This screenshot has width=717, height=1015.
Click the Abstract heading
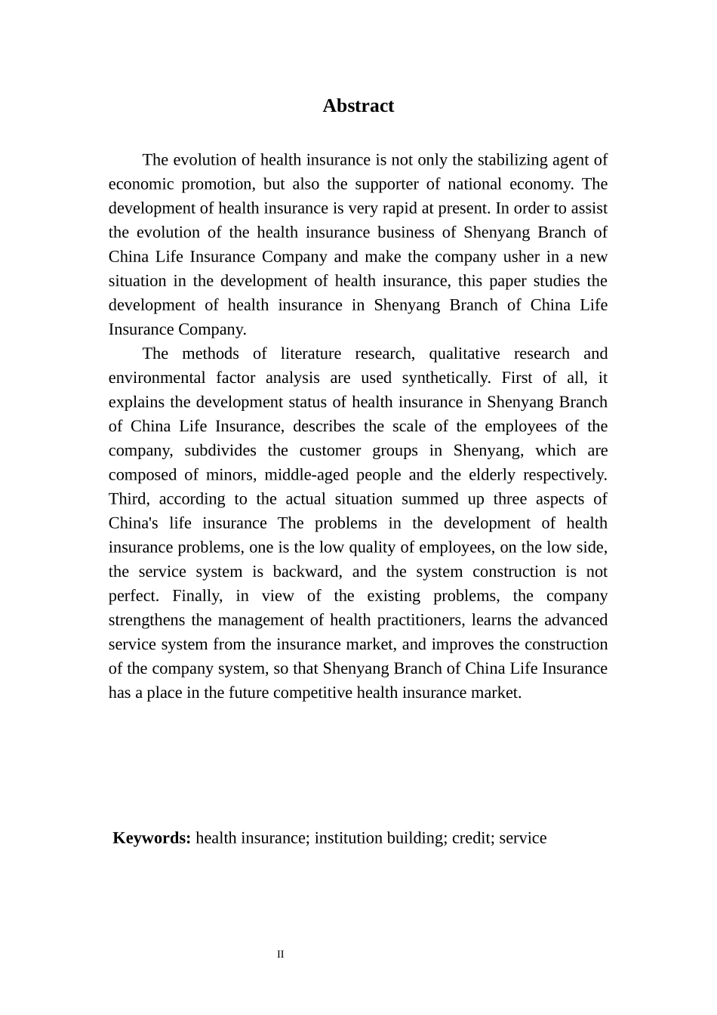pyautogui.click(x=358, y=106)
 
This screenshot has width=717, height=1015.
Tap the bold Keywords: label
pyautogui.click(x=152, y=838)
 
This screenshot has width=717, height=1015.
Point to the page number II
pyautogui.click(x=281, y=955)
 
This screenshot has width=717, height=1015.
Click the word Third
pyautogui.click(x=129, y=499)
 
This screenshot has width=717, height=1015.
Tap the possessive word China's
pyautogui.click(x=133, y=523)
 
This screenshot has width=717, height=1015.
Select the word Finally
pyautogui.click(x=197, y=596)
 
